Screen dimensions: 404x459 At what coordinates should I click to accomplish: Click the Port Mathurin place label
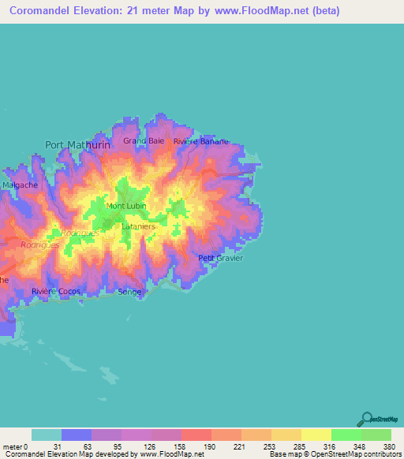click(77, 144)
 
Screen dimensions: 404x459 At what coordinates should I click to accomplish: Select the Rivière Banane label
click(201, 142)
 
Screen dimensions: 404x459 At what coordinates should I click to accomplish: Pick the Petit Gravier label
click(221, 258)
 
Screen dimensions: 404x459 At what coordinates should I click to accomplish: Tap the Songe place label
click(129, 292)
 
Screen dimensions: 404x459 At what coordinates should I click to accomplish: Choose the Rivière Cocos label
click(57, 291)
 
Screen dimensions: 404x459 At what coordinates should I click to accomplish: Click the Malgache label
click(21, 185)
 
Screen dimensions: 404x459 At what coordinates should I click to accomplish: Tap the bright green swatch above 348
click(346, 435)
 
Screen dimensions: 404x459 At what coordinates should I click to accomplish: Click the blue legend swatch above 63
click(77, 435)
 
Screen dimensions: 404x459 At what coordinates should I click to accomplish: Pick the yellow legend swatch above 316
click(316, 435)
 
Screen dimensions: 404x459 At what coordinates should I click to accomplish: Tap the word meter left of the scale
click(11, 446)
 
